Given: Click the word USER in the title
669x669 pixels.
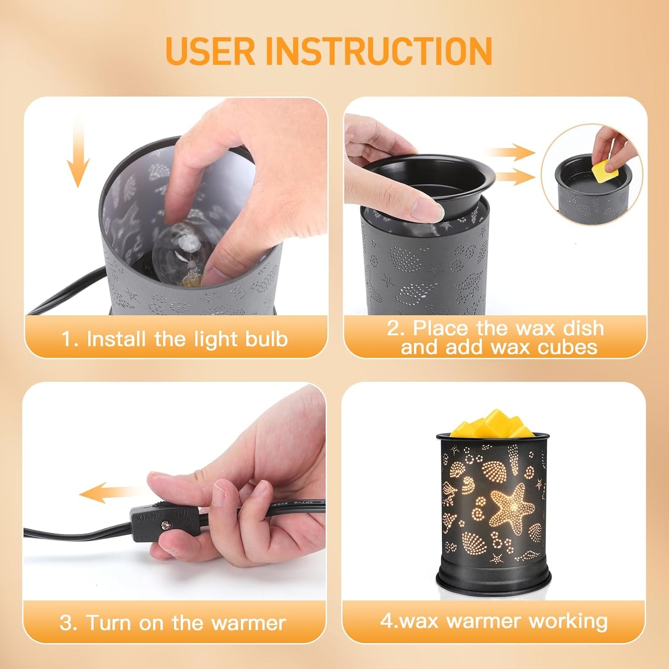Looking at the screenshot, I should coord(210,51).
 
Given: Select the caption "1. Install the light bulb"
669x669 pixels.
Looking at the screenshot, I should coord(175,339).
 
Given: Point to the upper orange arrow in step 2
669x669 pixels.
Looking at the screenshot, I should coord(509,152).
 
